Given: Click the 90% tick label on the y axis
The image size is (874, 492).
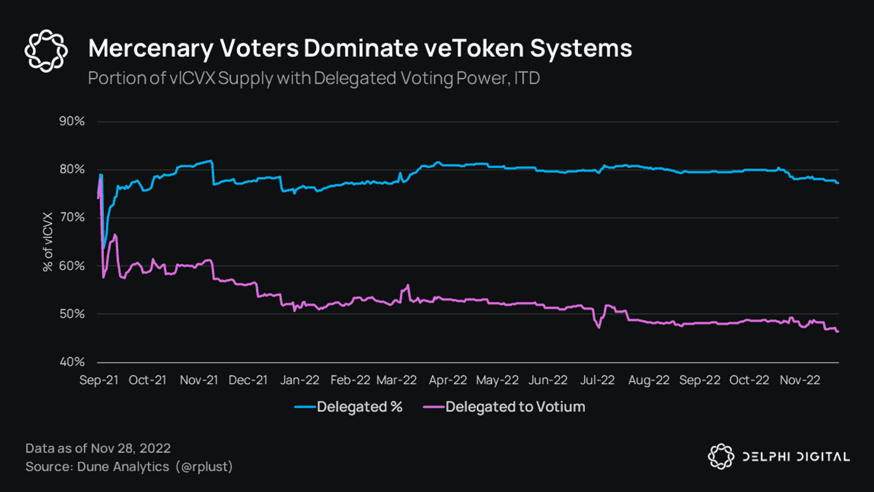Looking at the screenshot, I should coord(72,121).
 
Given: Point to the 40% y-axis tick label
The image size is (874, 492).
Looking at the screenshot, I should coord(72,362).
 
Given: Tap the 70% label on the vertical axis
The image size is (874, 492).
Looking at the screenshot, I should coord(72,217).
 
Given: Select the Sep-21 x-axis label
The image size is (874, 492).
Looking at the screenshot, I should coord(99,380).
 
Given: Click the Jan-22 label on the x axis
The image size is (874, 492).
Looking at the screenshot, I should coord(299,380).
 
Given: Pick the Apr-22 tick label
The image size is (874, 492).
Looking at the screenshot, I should coord(448,380).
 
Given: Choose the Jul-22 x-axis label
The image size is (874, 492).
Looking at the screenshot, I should coord(597,380).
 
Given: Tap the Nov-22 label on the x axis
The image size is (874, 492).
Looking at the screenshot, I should coord(800,380).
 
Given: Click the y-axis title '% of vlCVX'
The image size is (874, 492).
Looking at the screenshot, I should coord(48,242).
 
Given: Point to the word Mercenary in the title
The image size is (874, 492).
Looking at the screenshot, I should coord(150,48).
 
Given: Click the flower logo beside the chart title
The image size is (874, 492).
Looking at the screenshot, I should coord(46,51).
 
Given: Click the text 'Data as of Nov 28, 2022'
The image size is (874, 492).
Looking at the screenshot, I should coord(98,448).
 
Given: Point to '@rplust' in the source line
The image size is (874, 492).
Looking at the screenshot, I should coord(204,467).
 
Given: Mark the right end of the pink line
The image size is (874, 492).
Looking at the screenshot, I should coord(838,332).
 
